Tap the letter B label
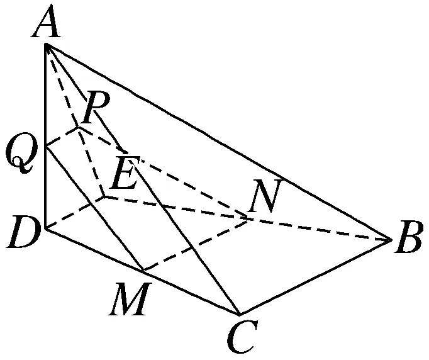click(x=409, y=242)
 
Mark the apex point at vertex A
click(x=46, y=45)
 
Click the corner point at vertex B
click(x=391, y=239)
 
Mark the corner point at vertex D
click(x=46, y=228)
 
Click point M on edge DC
click(x=143, y=272)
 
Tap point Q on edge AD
click(x=46, y=145)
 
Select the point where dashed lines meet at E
click(x=104, y=197)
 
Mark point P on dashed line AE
click(x=79, y=127)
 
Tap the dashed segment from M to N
click(x=196, y=245)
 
